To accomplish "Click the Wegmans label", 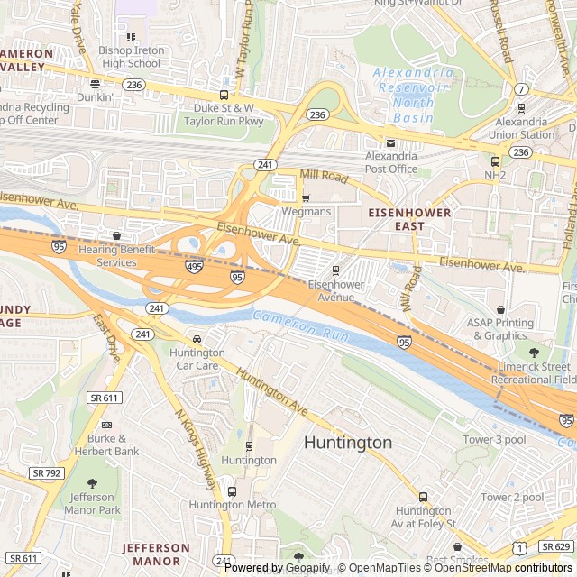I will pyautogui.click(x=306, y=211).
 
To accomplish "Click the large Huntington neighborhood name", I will pyautogui.click(x=347, y=443).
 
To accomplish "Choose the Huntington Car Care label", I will pyautogui.click(x=197, y=359).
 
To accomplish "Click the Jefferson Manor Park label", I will pyautogui.click(x=92, y=503).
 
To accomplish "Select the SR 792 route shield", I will pyautogui.click(x=45, y=472).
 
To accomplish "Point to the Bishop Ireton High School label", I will pyautogui.click(x=131, y=57).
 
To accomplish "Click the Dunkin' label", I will pyautogui.click(x=95, y=96).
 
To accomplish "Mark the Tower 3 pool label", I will pyautogui.click(x=493, y=439).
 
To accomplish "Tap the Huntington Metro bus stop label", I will pyautogui.click(x=233, y=505).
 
